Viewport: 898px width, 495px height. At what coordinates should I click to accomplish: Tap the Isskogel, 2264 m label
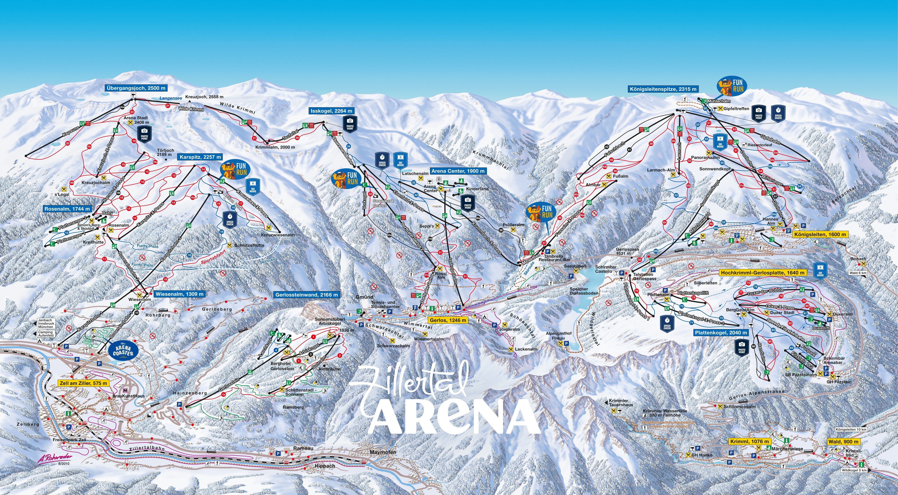pyautogui.click(x=331, y=111)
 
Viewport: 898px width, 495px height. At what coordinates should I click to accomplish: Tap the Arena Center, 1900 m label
pyautogui.click(x=458, y=171)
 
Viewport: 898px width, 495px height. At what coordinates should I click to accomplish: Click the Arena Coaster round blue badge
pyautogui.click(x=123, y=351)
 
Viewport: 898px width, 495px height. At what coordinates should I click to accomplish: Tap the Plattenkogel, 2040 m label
pyautogui.click(x=721, y=333)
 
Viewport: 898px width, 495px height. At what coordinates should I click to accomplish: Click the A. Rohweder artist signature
pyautogui.click(x=55, y=457)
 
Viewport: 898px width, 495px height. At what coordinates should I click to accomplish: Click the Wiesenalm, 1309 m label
pyautogui.click(x=179, y=294)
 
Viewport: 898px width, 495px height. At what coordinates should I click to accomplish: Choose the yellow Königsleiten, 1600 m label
pyautogui.click(x=820, y=234)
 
